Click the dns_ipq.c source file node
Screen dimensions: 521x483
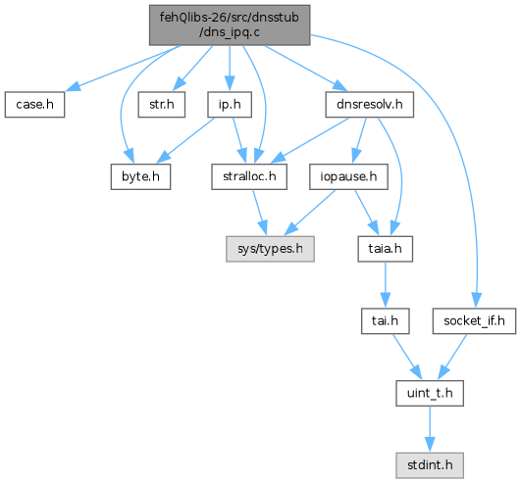tap(230, 24)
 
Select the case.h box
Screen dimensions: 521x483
tap(34, 105)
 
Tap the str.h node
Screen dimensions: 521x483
tap(162, 105)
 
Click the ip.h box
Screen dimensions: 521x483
tap(230, 105)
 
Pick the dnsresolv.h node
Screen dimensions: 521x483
tap(370, 105)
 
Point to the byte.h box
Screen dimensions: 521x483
tap(140, 176)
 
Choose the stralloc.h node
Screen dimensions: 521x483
tap(249, 176)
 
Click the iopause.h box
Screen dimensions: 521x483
tap(348, 176)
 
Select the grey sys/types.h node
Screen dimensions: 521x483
tap(270, 249)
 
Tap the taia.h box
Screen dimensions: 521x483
tap(385, 249)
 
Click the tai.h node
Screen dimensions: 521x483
tap(385, 321)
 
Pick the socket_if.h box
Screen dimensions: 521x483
tap(474, 321)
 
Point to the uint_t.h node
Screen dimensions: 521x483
tap(430, 393)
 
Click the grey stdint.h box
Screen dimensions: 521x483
tap(430, 465)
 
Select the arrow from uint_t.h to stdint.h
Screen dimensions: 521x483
tap(430, 429)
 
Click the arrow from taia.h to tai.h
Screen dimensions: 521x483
tap(385, 285)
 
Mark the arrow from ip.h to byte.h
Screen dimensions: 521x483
tap(185, 141)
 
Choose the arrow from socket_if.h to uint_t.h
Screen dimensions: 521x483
tap(452, 357)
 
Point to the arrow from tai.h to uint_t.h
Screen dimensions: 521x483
tap(407, 357)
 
